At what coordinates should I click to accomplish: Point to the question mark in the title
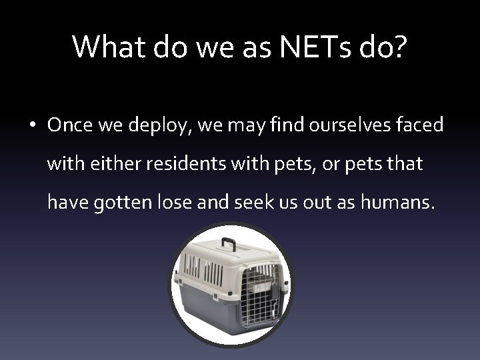tap(398, 47)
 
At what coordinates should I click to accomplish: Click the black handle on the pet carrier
tap(229, 243)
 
